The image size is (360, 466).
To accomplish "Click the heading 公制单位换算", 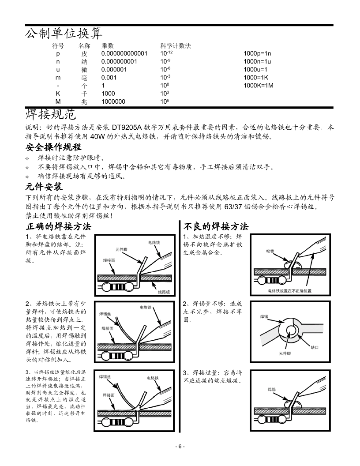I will click(x=64, y=33).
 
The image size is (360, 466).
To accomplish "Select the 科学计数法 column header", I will click(x=175, y=45).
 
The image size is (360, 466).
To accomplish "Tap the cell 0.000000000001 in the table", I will click(x=124, y=53).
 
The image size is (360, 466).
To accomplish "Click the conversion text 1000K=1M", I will click(x=259, y=85).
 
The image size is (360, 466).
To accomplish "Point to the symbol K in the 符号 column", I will click(x=58, y=94).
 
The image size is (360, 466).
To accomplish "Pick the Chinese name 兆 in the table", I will click(x=84, y=101).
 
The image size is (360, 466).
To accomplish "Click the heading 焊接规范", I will click(x=51, y=114).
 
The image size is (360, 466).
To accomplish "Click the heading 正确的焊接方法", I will click(x=58, y=226).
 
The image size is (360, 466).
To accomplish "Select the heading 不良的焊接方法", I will click(x=215, y=226).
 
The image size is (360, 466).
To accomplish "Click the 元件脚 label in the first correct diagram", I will click(x=121, y=249).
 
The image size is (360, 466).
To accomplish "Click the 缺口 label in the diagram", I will click(x=315, y=348).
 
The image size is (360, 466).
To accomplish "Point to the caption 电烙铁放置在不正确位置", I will click(x=289, y=291).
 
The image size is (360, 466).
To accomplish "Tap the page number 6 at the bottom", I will click(x=180, y=446).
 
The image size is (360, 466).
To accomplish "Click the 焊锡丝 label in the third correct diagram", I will click(x=105, y=377).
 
